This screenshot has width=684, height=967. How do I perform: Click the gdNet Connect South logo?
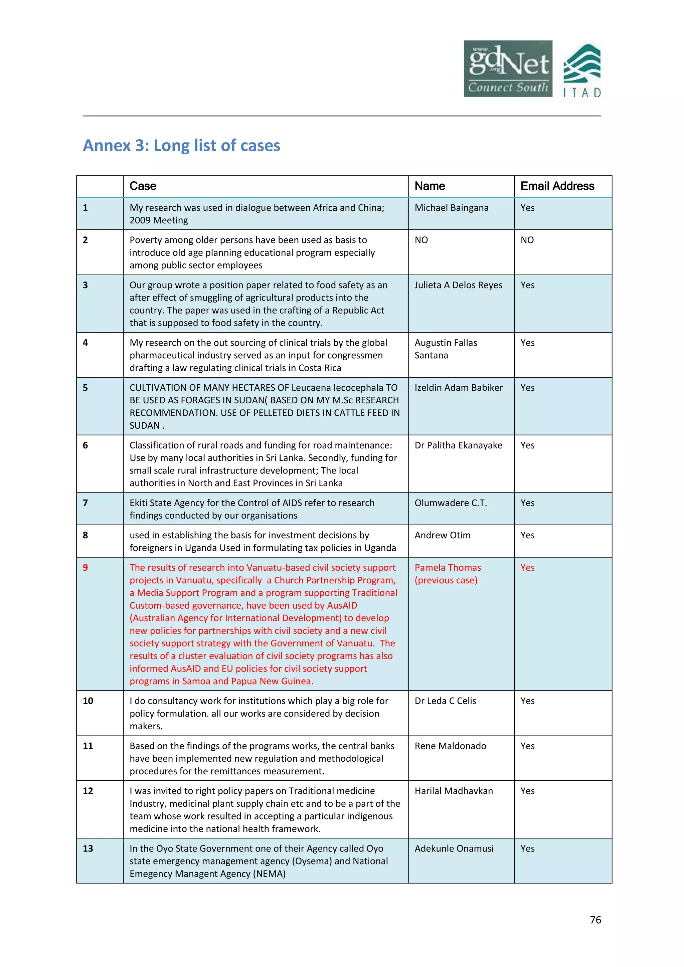click(x=508, y=69)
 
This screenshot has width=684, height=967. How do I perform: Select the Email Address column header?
click(x=557, y=186)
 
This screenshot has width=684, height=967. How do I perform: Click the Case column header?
click(x=143, y=186)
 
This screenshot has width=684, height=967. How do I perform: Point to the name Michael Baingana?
click(x=451, y=208)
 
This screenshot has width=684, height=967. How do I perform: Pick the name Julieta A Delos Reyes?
click(x=458, y=285)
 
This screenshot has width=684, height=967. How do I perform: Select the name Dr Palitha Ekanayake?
click(x=458, y=445)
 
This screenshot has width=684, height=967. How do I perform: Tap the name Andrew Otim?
click(x=442, y=535)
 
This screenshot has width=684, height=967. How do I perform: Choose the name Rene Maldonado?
click(x=450, y=746)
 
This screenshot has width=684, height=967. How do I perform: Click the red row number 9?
click(x=85, y=568)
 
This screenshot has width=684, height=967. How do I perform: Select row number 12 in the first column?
click(x=88, y=791)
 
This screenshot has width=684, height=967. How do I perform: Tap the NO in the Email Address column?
click(x=527, y=240)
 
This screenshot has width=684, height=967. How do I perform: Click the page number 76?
click(x=595, y=920)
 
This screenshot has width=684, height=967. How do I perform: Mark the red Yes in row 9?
click(x=527, y=568)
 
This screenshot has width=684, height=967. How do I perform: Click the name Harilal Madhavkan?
click(x=453, y=791)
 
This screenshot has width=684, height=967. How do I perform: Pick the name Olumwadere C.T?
click(x=450, y=503)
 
